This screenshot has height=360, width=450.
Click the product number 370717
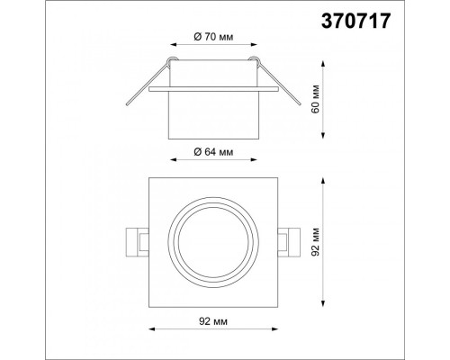[356, 22]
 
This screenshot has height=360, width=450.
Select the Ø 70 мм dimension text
[213, 37]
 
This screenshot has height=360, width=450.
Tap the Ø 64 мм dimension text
[213, 152]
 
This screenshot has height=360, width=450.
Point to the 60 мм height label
[316, 99]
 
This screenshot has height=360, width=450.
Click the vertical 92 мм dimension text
[316, 242]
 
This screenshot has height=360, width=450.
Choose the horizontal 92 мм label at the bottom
[213, 321]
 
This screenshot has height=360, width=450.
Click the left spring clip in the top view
[138, 242]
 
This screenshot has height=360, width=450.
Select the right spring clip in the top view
[289, 242]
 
